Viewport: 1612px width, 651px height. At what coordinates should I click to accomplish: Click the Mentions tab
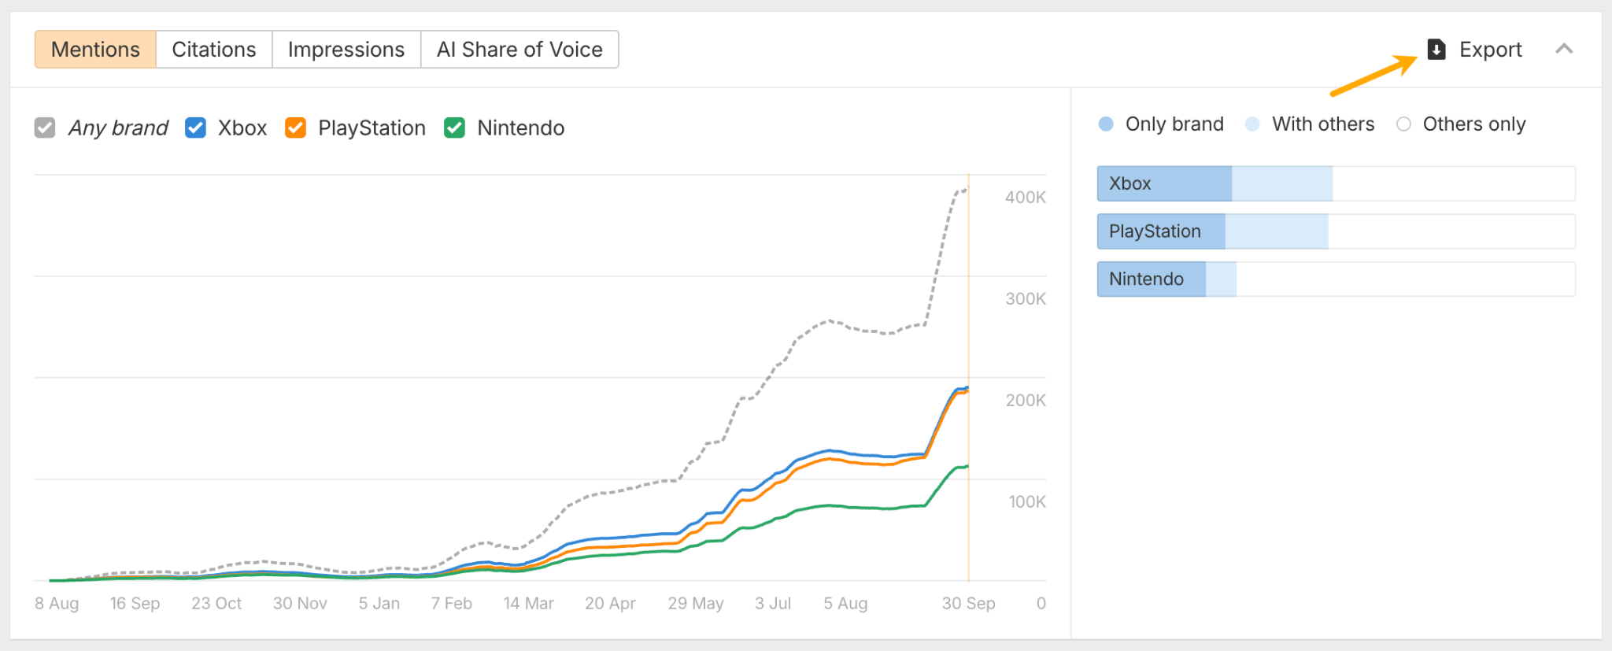pyautogui.click(x=95, y=50)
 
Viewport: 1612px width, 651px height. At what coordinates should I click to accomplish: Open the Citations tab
pyautogui.click(x=214, y=50)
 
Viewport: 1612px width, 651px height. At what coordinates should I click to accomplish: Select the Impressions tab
pyautogui.click(x=346, y=50)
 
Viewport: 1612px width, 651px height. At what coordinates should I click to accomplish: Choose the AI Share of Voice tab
pyautogui.click(x=519, y=50)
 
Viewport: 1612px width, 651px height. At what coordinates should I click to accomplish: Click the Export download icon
pyautogui.click(x=1436, y=50)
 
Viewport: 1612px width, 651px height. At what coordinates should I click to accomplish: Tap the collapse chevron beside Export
pyautogui.click(x=1564, y=49)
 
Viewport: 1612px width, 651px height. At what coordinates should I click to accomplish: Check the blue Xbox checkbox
pyautogui.click(x=195, y=128)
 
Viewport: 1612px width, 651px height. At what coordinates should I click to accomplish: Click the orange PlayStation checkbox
pyautogui.click(x=295, y=128)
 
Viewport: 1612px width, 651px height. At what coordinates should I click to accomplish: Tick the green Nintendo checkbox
pyautogui.click(x=454, y=128)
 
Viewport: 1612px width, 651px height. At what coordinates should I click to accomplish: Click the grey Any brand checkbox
pyautogui.click(x=45, y=128)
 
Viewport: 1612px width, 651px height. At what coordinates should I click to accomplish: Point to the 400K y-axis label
pyautogui.click(x=1025, y=198)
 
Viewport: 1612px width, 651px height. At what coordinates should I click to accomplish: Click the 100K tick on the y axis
pyautogui.click(x=1026, y=502)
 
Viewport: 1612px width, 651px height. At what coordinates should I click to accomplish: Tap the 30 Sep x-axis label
pyautogui.click(x=968, y=604)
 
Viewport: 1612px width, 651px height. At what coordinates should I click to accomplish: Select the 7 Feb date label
pyautogui.click(x=451, y=604)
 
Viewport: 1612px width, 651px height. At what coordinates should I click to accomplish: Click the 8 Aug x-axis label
pyautogui.click(x=57, y=604)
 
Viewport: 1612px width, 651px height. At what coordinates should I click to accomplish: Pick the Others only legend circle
pyautogui.click(x=1403, y=124)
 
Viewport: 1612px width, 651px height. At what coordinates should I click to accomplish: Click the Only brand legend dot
pyautogui.click(x=1106, y=124)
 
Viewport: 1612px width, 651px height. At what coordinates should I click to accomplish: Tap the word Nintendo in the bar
pyautogui.click(x=1146, y=279)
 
